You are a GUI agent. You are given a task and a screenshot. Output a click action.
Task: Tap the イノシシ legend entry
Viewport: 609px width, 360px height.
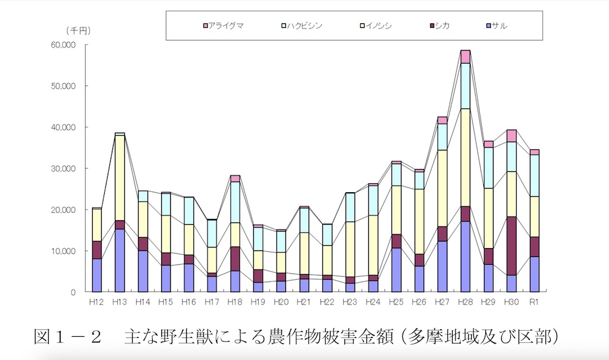[379, 26]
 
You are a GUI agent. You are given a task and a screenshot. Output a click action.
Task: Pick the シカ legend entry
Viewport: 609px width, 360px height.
[441, 26]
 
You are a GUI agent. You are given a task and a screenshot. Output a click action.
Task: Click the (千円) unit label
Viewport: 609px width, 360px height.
[78, 30]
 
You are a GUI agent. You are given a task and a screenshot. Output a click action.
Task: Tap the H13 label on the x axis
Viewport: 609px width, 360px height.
[120, 302]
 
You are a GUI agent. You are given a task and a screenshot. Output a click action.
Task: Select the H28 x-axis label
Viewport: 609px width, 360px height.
[465, 302]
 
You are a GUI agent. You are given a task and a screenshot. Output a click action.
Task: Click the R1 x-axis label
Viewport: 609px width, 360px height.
[534, 302]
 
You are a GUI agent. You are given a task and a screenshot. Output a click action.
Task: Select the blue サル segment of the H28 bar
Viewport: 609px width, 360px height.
[465, 256]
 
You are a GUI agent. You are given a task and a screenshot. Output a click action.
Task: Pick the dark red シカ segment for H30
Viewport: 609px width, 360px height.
[511, 246]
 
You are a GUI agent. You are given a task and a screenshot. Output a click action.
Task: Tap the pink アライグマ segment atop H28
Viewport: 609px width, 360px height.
[465, 57]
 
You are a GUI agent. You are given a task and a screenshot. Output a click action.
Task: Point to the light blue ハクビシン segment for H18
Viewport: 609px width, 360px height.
[235, 202]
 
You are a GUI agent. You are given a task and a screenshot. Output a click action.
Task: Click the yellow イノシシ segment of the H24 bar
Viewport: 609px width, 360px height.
[373, 245]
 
